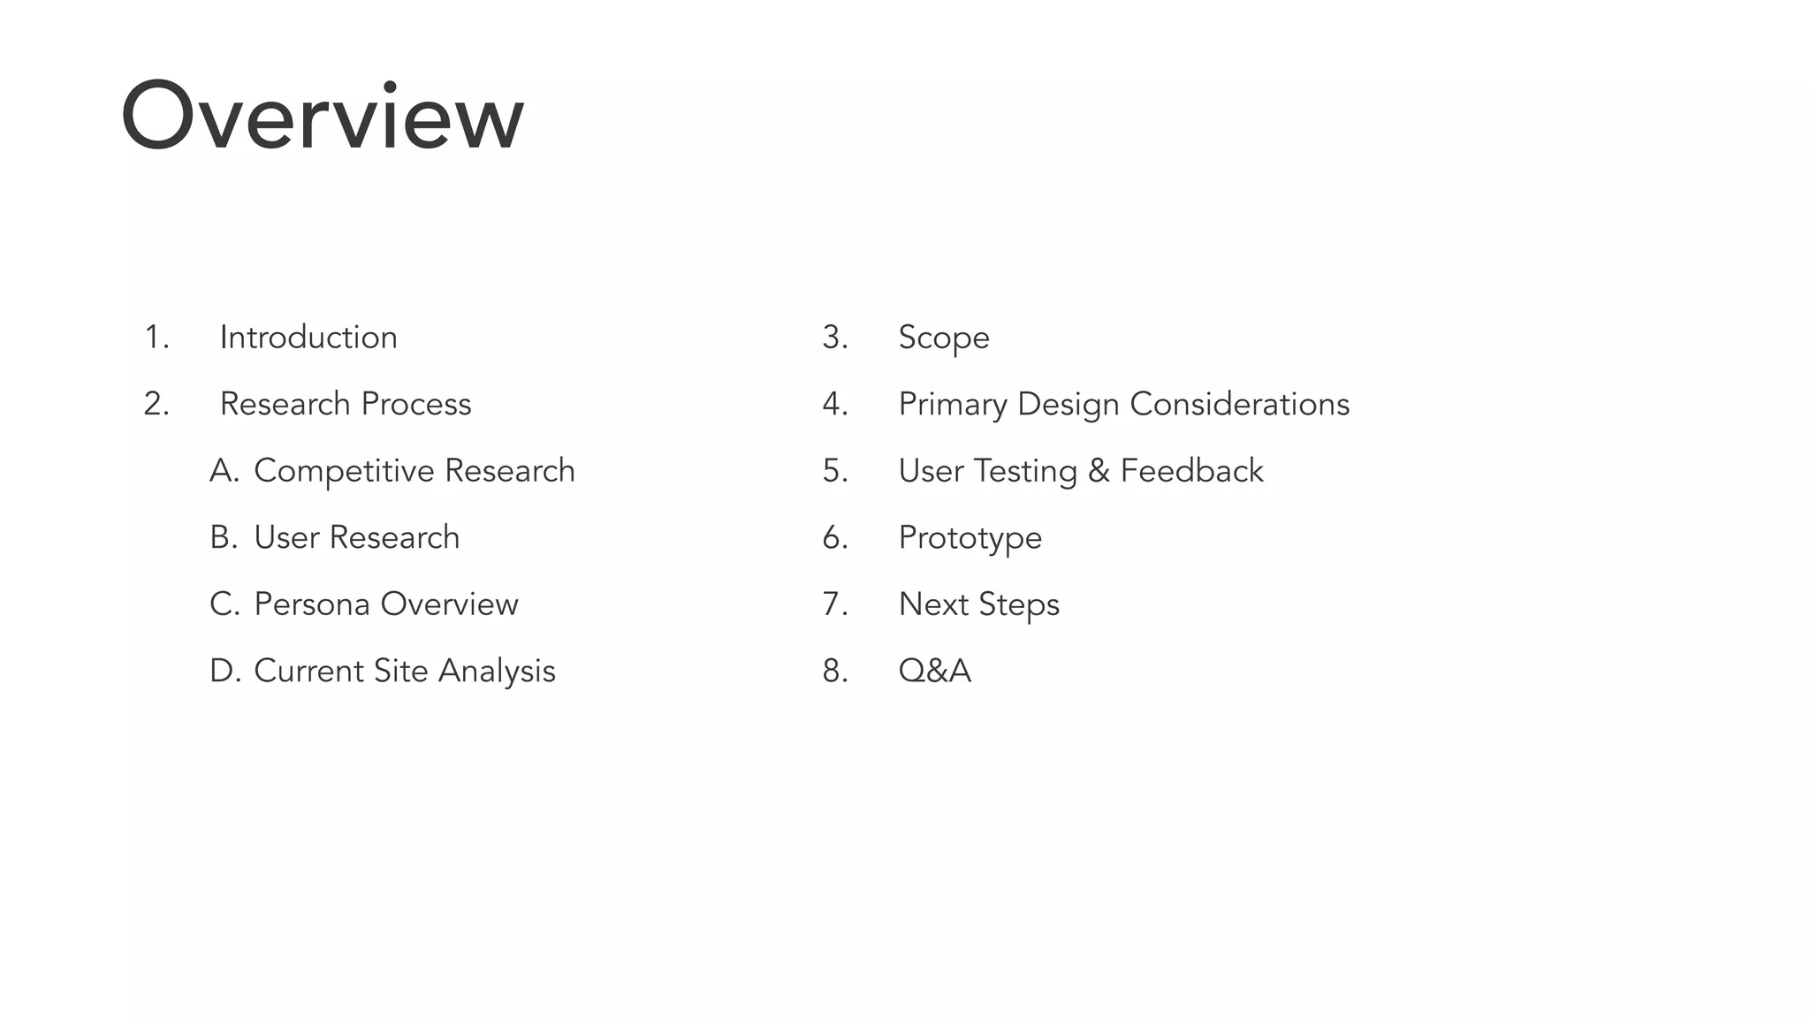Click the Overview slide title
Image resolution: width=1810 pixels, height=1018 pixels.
[x=323, y=118]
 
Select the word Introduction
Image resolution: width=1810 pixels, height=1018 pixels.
[x=308, y=338]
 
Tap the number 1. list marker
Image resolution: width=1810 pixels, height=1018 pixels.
[x=156, y=338]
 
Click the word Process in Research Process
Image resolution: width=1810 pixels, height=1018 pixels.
[x=416, y=404]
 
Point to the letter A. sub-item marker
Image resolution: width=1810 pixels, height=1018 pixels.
[x=224, y=471]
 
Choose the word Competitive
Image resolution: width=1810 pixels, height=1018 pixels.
[x=344, y=471]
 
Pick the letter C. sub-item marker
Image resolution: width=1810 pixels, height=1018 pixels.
[x=224, y=604]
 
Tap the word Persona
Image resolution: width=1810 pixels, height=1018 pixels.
[x=311, y=604]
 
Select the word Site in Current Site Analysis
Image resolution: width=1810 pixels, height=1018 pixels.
[x=400, y=671]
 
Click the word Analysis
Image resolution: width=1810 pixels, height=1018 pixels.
[x=497, y=671]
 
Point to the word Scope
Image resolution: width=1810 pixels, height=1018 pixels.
[x=944, y=338]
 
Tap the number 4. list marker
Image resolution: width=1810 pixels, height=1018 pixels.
[x=835, y=404]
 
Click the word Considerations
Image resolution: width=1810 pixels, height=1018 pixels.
[x=1239, y=404]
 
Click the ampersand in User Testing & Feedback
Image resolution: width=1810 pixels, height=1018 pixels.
[x=1099, y=471]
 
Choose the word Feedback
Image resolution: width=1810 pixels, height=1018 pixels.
[x=1191, y=471]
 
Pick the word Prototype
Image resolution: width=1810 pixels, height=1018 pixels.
[x=970, y=537]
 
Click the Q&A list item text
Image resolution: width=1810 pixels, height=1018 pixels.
[x=935, y=671]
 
